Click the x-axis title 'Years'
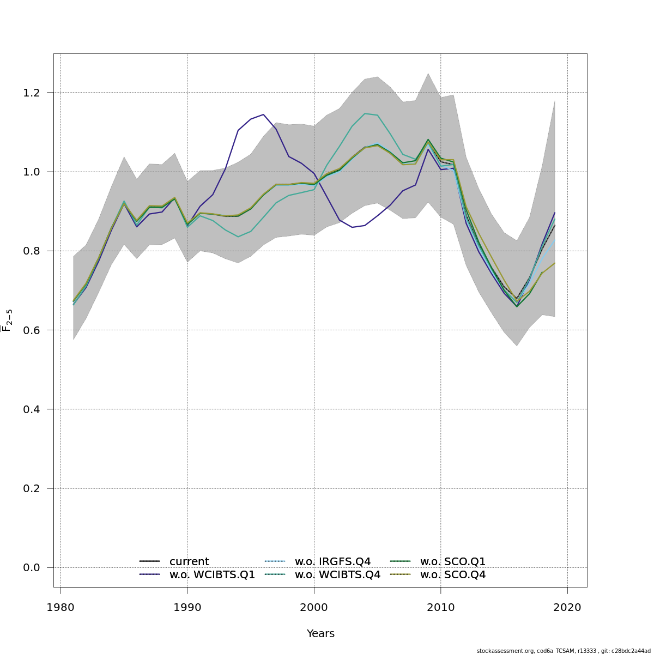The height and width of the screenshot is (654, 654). (320, 634)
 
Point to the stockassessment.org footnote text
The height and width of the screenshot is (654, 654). (564, 651)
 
